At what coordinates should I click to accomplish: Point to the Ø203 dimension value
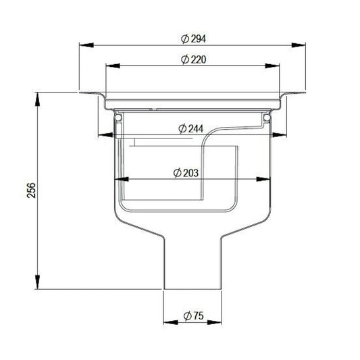click(186, 172)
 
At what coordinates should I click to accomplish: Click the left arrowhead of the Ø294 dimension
click(84, 46)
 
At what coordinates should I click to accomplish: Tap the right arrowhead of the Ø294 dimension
click(298, 46)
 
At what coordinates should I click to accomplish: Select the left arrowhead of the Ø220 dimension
click(110, 66)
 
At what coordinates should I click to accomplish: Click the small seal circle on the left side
click(119, 118)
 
